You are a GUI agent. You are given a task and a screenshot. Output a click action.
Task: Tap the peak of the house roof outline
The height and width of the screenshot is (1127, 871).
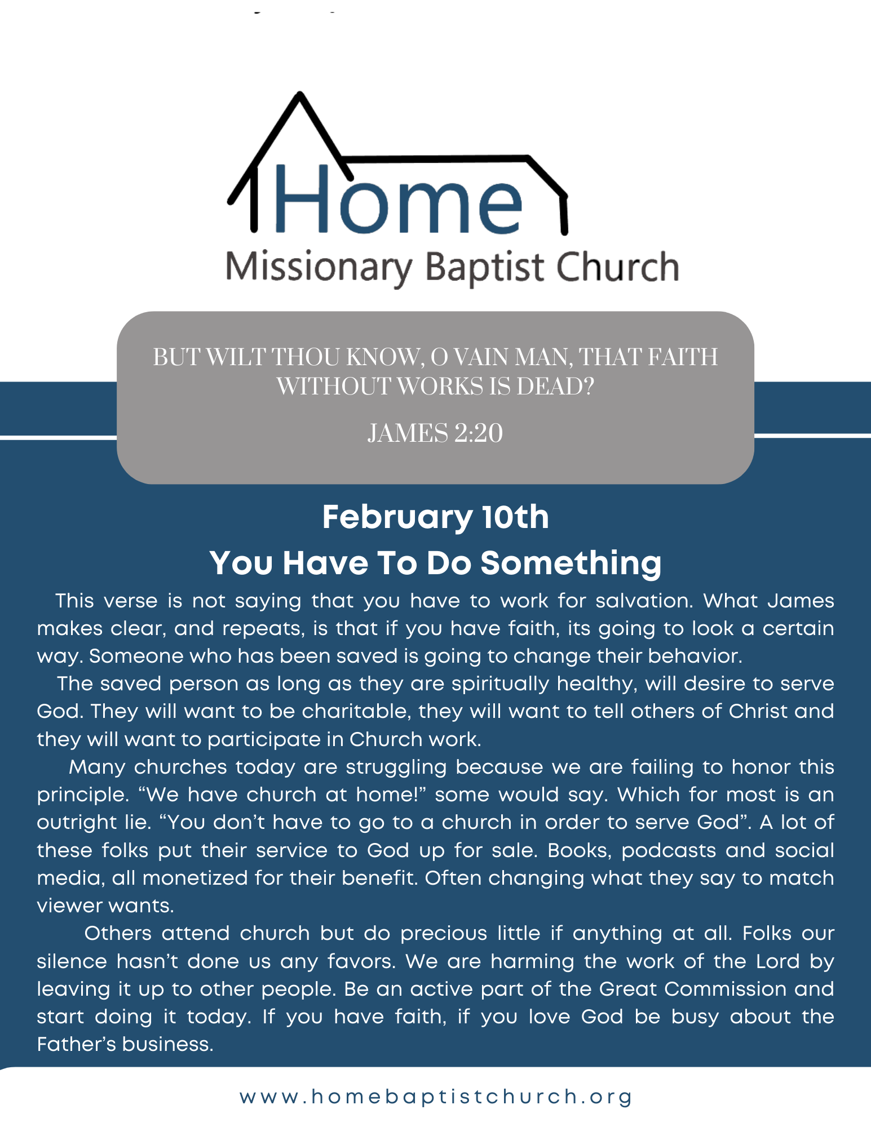300,94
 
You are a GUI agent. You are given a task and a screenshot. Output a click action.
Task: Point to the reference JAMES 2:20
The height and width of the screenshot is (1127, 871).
435,433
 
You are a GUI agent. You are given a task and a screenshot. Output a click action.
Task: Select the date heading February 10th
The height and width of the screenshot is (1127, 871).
435,517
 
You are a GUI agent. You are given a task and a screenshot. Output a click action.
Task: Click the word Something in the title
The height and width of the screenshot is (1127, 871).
571,563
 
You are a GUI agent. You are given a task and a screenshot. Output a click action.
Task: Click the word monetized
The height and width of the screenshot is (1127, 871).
195,878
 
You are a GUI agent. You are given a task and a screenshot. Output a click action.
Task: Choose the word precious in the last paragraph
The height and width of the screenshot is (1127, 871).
444,934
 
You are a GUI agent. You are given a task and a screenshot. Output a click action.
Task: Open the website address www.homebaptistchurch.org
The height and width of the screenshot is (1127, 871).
436,1097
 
